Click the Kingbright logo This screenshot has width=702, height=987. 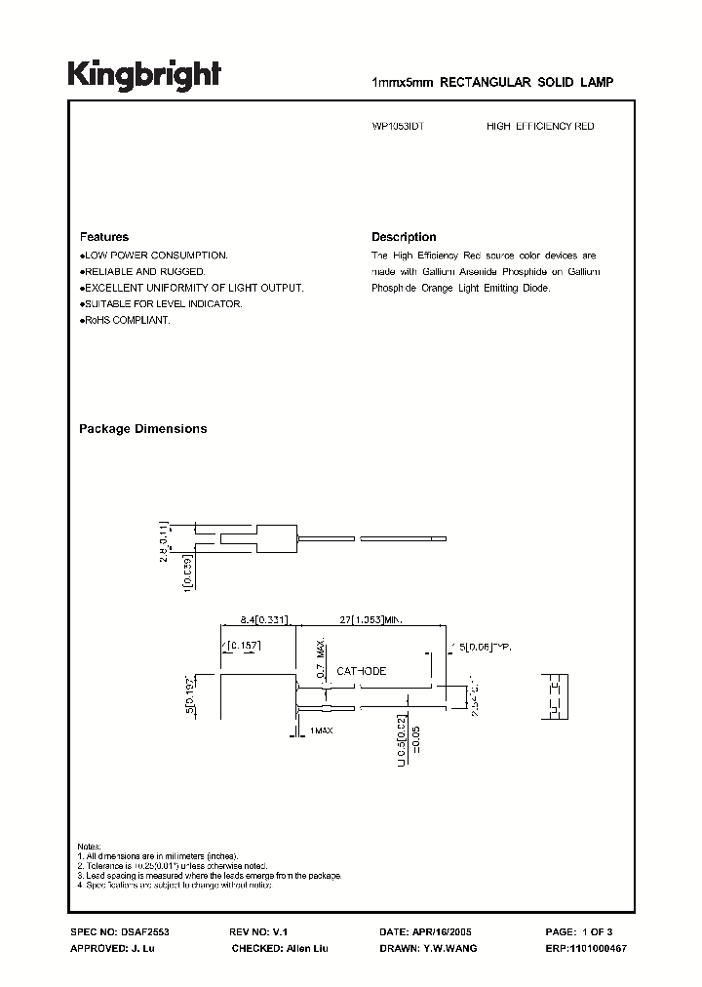click(144, 74)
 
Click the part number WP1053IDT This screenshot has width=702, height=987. click(391, 127)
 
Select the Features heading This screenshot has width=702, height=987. click(103, 237)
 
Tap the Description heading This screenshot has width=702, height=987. click(404, 237)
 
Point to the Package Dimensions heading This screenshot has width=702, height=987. click(142, 429)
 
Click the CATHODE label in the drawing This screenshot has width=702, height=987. click(361, 671)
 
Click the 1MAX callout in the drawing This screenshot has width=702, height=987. click(321, 730)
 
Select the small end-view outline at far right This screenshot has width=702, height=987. click(556, 695)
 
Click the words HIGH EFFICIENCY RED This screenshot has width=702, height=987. click(540, 127)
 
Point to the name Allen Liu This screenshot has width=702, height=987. click(309, 948)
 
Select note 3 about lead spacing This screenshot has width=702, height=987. click(209, 875)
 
